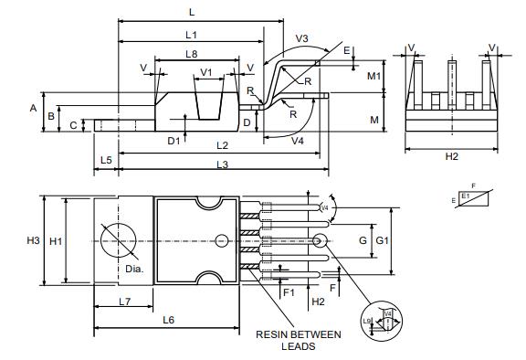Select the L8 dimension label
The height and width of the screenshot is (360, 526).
tap(191, 54)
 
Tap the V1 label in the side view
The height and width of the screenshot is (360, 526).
tap(206, 71)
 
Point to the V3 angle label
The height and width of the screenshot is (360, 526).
tap(302, 39)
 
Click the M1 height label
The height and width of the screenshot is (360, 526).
tap(373, 76)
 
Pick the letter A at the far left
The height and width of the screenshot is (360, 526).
tap(33, 108)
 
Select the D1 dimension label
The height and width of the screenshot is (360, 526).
tap(173, 140)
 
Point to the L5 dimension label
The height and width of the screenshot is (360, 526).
tap(106, 160)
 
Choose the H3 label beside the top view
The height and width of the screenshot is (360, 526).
tap(33, 240)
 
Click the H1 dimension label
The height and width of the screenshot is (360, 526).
tap(56, 240)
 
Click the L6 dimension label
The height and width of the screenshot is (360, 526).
tap(169, 319)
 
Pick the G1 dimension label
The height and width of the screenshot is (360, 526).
tap(383, 240)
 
